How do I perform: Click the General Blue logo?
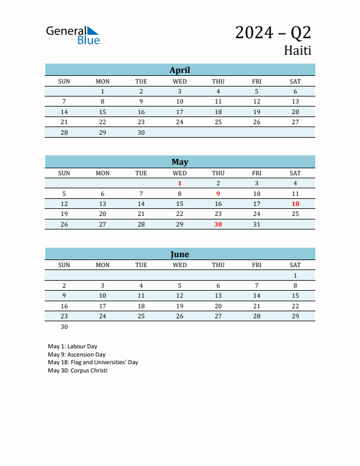coord(73,35)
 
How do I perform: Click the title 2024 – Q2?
coord(273,32)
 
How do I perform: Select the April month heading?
coord(180,70)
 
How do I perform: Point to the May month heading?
coord(180,162)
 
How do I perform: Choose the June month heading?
coord(180,254)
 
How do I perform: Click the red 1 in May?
coord(180,184)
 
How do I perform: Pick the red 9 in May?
coord(218,194)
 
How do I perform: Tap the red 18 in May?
coord(295,204)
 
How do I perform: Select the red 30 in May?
coord(218,224)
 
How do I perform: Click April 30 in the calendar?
coord(141,132)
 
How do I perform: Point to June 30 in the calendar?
coord(64,327)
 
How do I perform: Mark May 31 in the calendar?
coord(256,224)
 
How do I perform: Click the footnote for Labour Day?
coord(72,347)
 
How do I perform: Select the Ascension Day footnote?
coord(76,355)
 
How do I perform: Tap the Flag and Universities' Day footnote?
coord(93,362)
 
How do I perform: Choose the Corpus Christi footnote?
coord(78,370)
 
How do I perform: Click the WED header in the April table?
coord(180,81)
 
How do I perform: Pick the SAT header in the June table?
coord(295,265)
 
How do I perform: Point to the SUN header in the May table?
coord(64,173)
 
